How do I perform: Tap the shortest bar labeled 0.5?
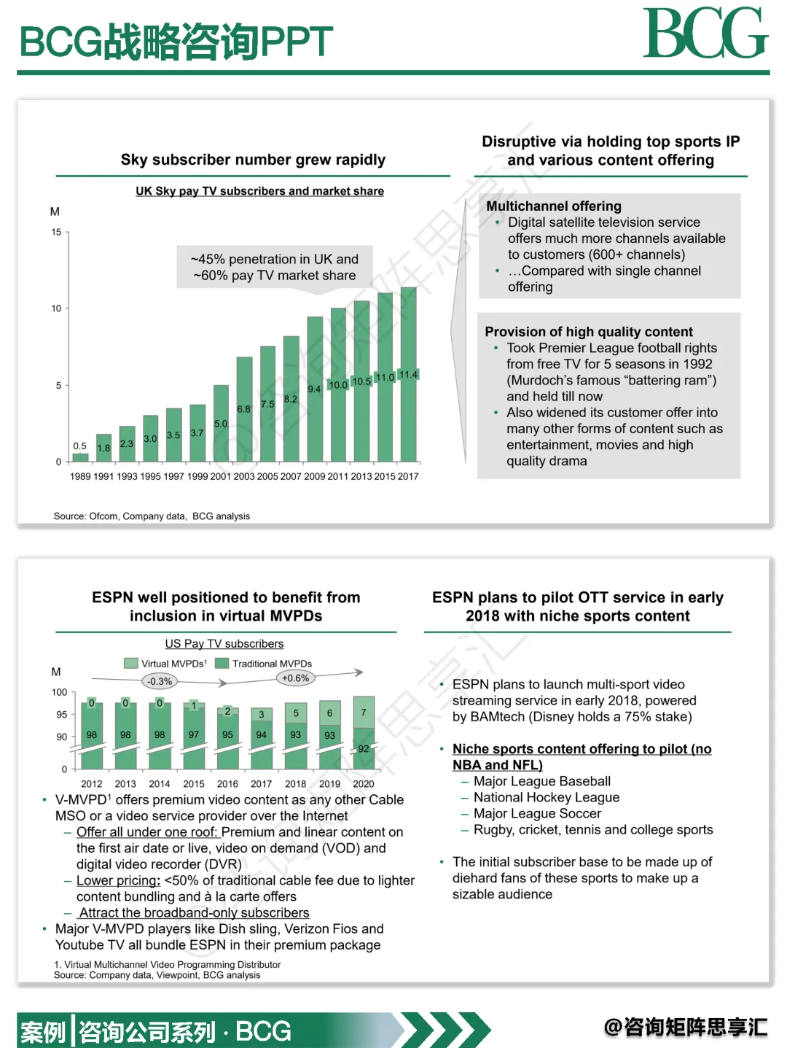(x=80, y=457)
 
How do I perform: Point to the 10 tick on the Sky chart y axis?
(x=56, y=308)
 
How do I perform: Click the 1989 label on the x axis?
(x=80, y=476)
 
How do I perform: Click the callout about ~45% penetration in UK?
(x=275, y=267)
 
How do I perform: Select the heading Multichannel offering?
(x=554, y=206)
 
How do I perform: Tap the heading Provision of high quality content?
(x=589, y=331)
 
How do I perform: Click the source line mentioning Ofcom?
(x=152, y=516)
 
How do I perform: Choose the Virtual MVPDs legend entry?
(x=165, y=664)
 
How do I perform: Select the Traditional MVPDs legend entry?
(x=264, y=664)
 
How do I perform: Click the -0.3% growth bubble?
(x=160, y=681)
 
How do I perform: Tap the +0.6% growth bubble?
(x=295, y=678)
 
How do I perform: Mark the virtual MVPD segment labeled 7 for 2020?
(x=364, y=712)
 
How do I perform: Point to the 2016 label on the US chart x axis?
(x=227, y=784)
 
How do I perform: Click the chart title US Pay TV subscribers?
(x=224, y=643)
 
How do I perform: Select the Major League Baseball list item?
(x=541, y=781)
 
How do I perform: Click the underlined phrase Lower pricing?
(x=118, y=880)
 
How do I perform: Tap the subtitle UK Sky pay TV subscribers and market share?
(x=259, y=191)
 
